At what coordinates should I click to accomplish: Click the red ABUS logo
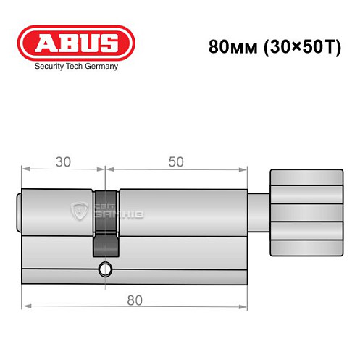pos(75,43)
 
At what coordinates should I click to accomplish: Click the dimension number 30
pos(64,161)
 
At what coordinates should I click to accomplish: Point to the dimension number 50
pos(175,161)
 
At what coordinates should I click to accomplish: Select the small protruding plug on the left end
pos(19,211)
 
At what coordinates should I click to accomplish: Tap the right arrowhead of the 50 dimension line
pos(240,171)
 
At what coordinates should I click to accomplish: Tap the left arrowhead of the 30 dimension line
pos(26,171)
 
